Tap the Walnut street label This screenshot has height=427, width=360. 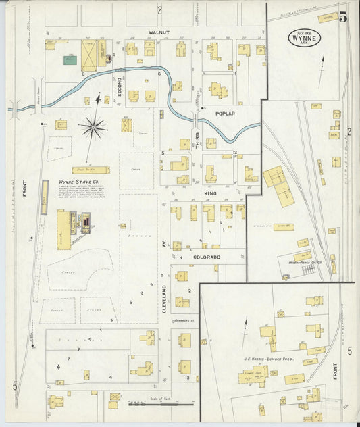[160, 32]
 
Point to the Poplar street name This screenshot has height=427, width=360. [225, 114]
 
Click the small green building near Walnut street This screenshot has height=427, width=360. [69, 59]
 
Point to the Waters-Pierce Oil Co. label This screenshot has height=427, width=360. [308, 261]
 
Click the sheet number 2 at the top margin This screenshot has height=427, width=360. [160, 9]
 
